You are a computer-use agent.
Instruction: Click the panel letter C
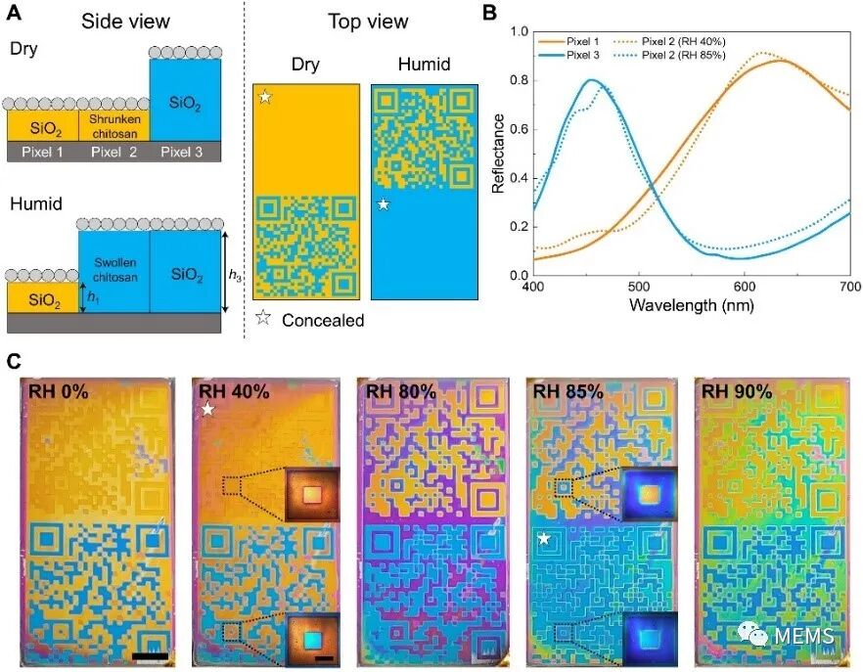click(x=14, y=362)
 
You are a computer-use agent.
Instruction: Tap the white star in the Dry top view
click(x=265, y=97)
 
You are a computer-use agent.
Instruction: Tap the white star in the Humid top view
click(x=385, y=204)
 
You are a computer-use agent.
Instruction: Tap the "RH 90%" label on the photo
click(x=737, y=391)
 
